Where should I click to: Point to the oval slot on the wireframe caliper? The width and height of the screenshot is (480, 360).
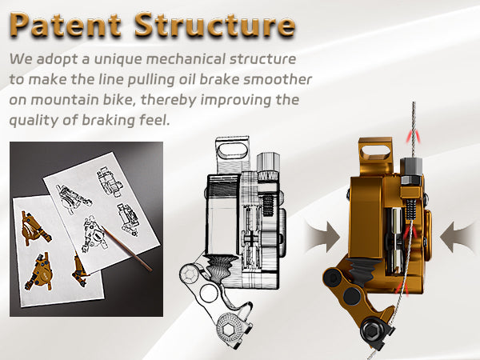231,150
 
